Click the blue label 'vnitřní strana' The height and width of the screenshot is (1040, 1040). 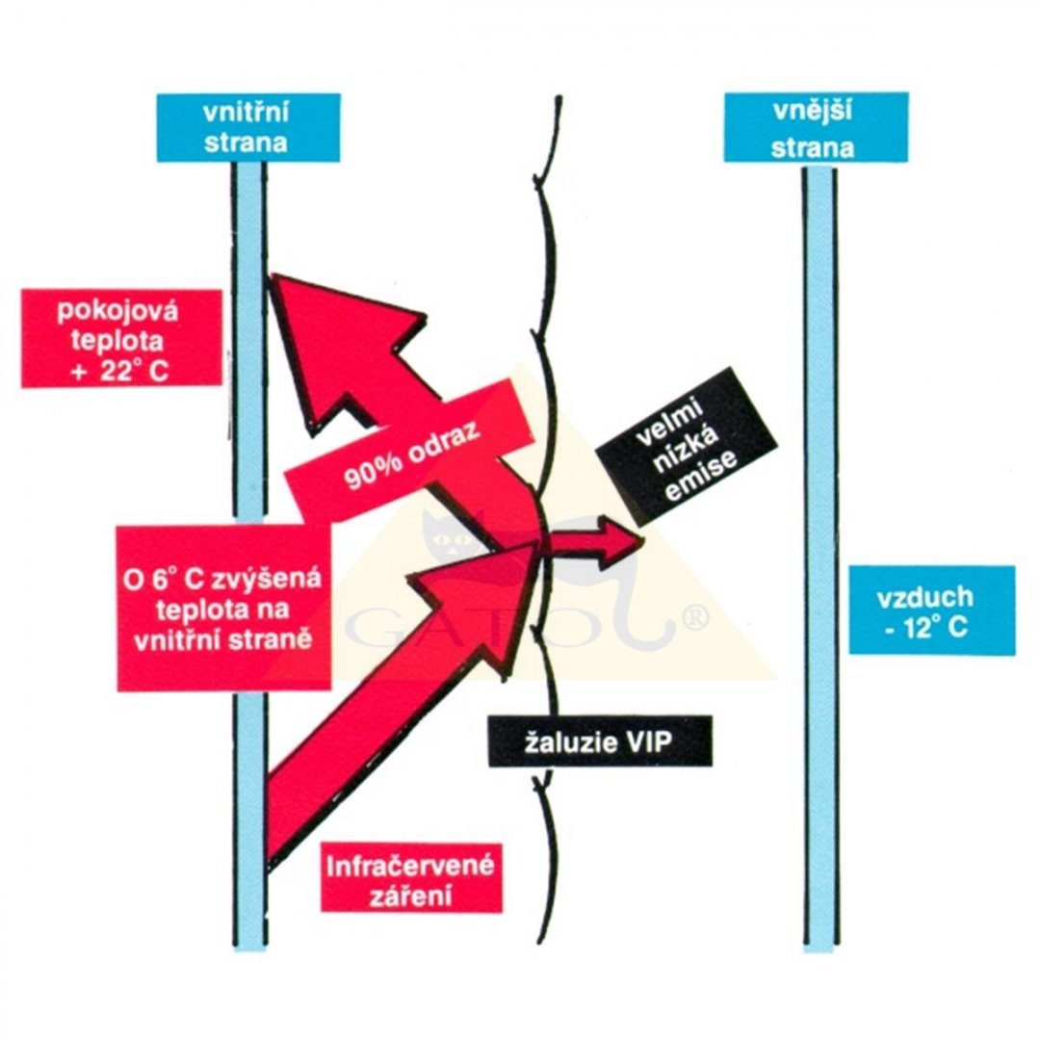click(247, 126)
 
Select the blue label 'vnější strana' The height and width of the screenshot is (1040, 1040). click(815, 126)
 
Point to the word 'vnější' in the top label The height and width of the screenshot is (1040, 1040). click(815, 113)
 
